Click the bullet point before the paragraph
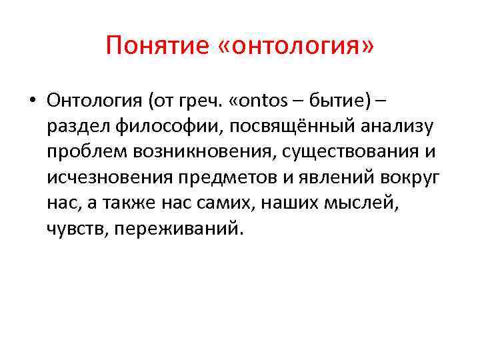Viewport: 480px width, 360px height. (31, 101)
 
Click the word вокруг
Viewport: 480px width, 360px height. (406, 177)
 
